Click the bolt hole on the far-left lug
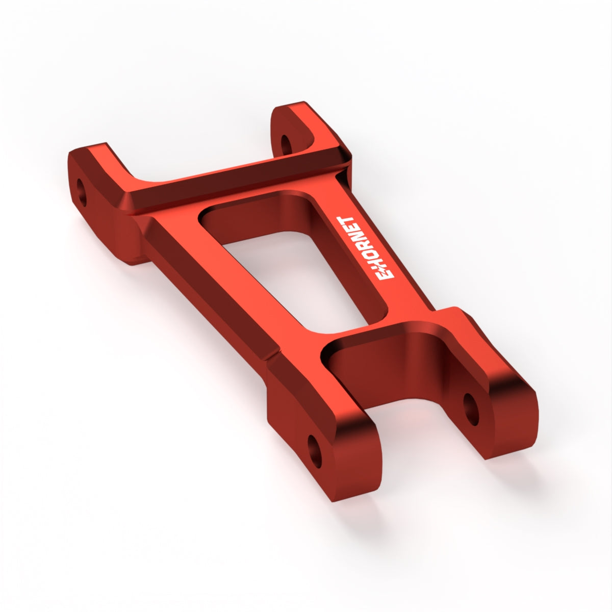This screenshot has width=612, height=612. point(81,192)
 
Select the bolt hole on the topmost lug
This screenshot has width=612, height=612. point(287,145)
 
